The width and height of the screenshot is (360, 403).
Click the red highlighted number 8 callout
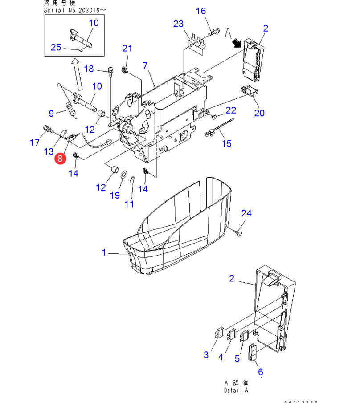(60, 158)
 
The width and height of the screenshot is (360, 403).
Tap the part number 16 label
(201, 11)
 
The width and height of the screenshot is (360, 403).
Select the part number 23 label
(178, 24)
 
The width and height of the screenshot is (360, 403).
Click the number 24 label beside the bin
(246, 213)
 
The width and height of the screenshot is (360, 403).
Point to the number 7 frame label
(145, 65)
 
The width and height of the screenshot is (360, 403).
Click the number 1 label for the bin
(104, 252)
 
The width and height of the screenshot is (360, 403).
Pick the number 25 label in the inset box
(56, 47)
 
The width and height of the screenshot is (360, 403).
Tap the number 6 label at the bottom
(261, 371)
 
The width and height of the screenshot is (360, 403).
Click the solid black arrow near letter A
(236, 43)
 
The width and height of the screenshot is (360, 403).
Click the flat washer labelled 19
(123, 172)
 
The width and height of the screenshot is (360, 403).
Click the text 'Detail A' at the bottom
(236, 390)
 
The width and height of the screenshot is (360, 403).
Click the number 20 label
(259, 113)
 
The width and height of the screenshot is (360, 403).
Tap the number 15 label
(227, 143)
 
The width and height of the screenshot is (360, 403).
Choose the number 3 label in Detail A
(206, 354)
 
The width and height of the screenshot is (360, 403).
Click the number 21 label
(128, 48)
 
